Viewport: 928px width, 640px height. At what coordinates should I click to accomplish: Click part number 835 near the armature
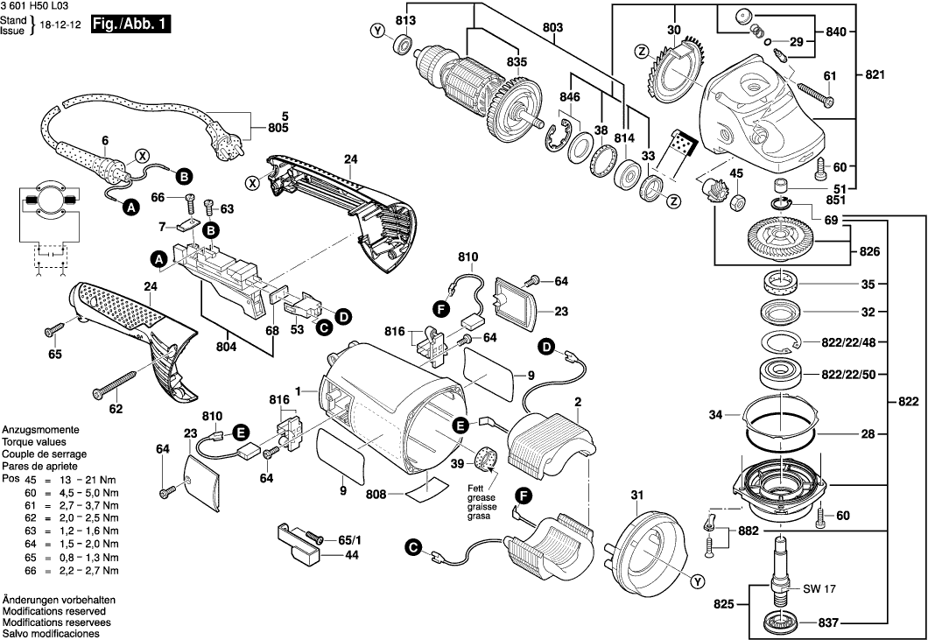[517, 62]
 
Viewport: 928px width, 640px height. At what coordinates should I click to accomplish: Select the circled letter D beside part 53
[344, 315]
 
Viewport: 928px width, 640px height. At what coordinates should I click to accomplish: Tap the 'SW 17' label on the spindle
[816, 589]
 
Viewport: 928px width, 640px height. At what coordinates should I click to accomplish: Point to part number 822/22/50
[847, 375]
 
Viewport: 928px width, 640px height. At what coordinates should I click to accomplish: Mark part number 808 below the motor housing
[376, 495]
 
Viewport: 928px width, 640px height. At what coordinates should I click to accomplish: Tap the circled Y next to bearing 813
[378, 32]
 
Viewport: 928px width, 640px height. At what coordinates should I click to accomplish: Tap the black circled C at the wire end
[412, 548]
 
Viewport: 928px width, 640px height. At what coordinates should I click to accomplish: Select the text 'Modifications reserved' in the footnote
[53, 610]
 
